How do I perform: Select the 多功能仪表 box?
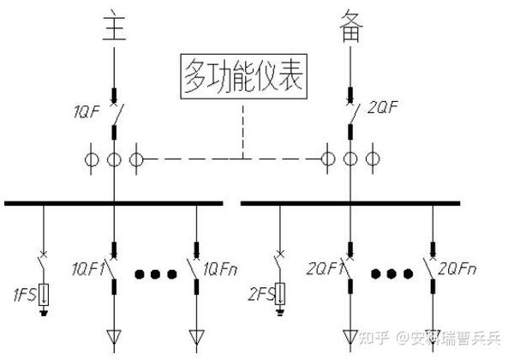pyautogui.click(x=242, y=80)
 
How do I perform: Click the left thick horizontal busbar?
pyautogui.click(x=114, y=203)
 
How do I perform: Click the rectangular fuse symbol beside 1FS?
pyautogui.click(x=44, y=293)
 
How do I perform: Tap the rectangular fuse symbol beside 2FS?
pyautogui.click(x=279, y=294)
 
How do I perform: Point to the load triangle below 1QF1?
pyautogui.click(x=114, y=335)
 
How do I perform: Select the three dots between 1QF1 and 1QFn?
pyautogui.click(x=156, y=275)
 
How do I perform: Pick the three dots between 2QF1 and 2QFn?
pyautogui.click(x=391, y=275)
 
